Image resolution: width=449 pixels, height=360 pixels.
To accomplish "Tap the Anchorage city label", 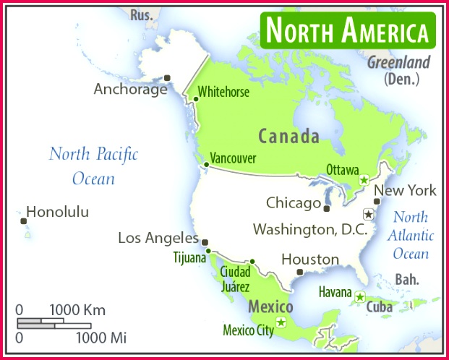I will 130,90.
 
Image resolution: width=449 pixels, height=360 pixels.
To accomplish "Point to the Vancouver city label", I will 233,158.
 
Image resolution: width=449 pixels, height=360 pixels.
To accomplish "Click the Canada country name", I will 288,136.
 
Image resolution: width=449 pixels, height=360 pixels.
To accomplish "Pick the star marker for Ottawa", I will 364,179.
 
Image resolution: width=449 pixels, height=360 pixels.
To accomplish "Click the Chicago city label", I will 293,202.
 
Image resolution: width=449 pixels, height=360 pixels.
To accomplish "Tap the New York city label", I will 405,191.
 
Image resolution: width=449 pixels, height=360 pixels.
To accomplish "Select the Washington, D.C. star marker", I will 368,214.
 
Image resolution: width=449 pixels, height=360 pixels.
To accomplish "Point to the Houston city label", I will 310,259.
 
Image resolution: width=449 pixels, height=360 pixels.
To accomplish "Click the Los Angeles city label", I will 158,238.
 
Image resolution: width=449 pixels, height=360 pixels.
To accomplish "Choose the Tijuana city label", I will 189,256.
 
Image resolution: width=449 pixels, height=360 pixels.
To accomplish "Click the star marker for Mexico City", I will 281,322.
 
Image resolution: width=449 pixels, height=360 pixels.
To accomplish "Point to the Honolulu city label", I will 57,212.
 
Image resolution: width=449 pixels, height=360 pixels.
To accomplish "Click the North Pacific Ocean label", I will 93,166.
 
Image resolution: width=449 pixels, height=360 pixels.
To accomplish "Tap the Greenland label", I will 398,61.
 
